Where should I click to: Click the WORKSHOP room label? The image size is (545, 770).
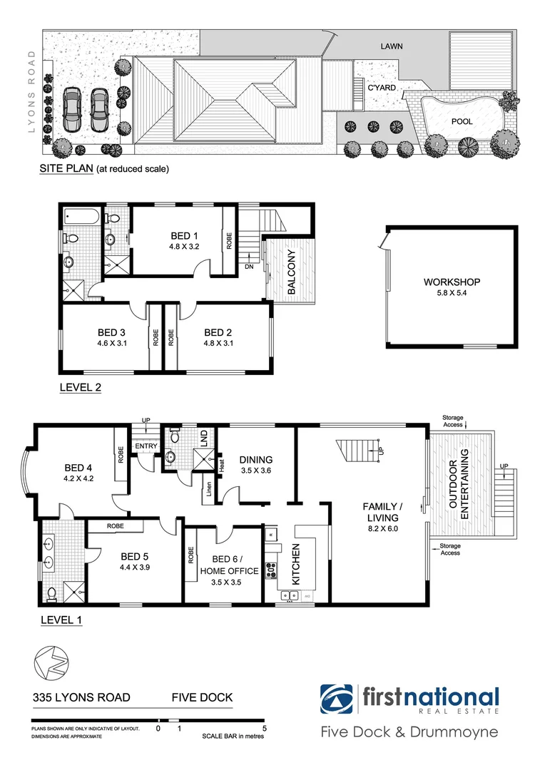[x=452, y=282]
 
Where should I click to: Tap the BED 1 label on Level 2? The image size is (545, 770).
[x=180, y=236]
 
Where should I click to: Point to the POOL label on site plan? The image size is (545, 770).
[x=462, y=121]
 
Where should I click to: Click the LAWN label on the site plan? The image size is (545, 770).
[x=391, y=46]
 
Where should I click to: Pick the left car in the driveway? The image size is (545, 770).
[x=72, y=110]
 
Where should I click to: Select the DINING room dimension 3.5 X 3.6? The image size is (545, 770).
[x=256, y=471]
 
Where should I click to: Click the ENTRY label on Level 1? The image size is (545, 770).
[x=146, y=446]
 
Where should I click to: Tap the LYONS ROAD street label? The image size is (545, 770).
[x=31, y=92]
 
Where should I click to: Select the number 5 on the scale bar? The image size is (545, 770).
[x=265, y=729]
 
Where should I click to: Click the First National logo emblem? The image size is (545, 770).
[x=336, y=699]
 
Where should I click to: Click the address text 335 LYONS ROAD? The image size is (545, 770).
[x=81, y=697]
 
